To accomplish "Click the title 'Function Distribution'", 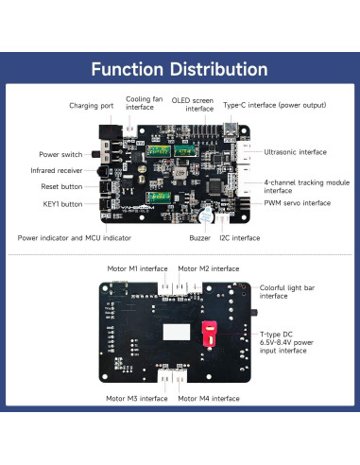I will coord(180,69).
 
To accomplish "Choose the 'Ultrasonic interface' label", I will coord(295,151).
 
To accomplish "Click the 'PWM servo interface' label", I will coord(297,202).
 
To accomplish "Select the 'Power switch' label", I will coord(60,153).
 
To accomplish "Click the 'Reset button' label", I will coord(61,186).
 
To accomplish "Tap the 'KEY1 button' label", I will coord(61,202).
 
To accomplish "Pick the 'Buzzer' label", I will coord(200,238).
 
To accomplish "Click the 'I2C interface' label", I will coord(239,238).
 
